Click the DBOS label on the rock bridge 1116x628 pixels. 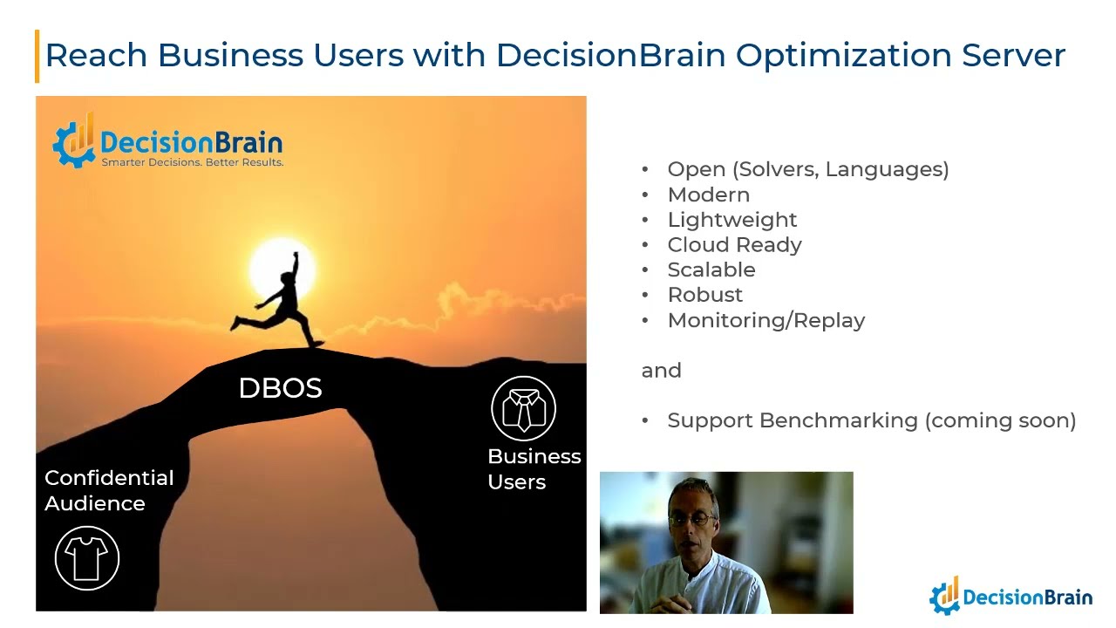280,388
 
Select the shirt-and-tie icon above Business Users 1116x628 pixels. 523,408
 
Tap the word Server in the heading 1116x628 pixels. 1013,55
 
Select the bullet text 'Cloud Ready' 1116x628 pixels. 734,245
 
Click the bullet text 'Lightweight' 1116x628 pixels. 732,220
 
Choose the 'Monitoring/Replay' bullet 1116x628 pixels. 766,320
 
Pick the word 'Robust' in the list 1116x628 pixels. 704,295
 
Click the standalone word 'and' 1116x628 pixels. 661,371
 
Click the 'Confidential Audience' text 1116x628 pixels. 108,490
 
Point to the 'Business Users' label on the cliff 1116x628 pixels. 534,469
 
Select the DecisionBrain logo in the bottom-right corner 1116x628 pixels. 1011,597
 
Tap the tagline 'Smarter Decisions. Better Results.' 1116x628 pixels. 192,162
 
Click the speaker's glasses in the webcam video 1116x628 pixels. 690,519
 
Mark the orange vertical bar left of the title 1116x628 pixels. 37,56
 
